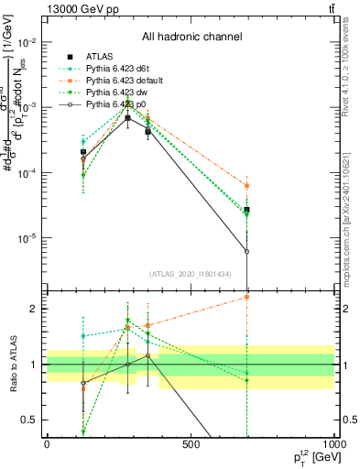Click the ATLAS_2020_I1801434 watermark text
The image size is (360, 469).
click(x=191, y=274)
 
